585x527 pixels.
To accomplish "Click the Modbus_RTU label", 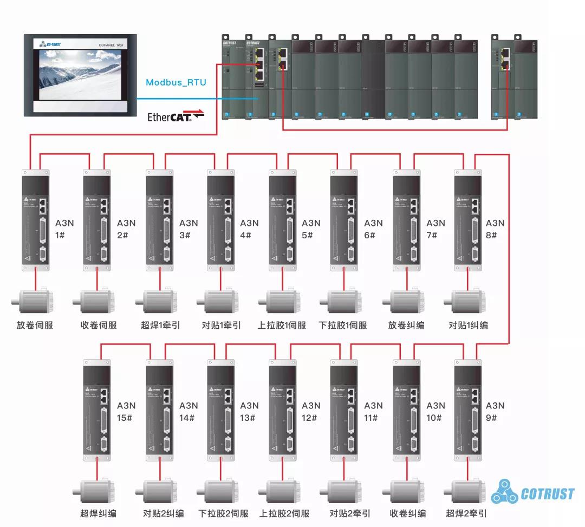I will coord(176,82).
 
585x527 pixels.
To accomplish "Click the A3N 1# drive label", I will coord(66,229).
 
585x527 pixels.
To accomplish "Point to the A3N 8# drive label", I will coord(495,229).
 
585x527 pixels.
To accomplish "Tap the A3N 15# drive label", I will coord(127,412).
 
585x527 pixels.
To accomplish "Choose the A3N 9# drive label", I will coord(495,412).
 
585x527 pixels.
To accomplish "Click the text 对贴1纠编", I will coord(468,325).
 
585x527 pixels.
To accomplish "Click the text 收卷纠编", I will coord(407,513).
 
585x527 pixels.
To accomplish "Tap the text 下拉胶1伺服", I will coord(342,325).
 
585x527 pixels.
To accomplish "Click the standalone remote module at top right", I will coord(514,76).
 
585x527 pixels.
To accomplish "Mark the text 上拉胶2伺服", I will coord(284,513).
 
